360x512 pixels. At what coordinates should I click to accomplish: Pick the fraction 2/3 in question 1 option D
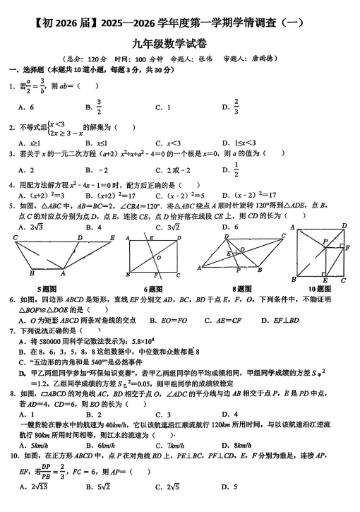pyautogui.click(x=236, y=107)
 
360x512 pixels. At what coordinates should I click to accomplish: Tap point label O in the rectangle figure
pyautogui.click(x=159, y=257)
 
